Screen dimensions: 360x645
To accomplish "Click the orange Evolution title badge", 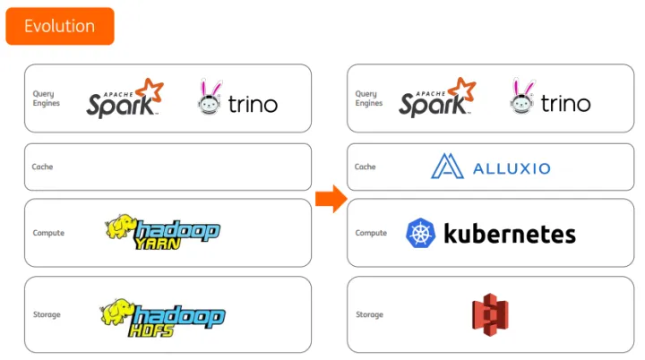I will (x=59, y=26).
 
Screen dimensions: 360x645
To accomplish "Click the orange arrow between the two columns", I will (x=331, y=200).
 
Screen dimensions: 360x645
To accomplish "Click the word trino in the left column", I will (x=253, y=104).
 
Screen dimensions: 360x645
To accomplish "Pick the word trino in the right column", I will (x=565, y=104).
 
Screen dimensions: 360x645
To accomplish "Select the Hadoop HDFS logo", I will (x=162, y=313).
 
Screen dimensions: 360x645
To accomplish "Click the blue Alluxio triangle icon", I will (x=445, y=167).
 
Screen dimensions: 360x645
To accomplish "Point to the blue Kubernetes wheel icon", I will (x=420, y=234).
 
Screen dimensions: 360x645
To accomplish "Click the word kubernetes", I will (x=509, y=234).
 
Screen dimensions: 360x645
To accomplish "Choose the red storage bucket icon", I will (x=489, y=314).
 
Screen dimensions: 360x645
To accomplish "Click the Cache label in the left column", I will (x=42, y=167).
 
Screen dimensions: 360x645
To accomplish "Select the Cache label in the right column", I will (x=365, y=167).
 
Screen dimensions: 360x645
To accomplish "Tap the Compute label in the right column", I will (x=371, y=233).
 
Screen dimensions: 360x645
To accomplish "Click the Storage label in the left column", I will (x=47, y=314).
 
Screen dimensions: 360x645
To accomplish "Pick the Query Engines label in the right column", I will (x=367, y=99).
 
